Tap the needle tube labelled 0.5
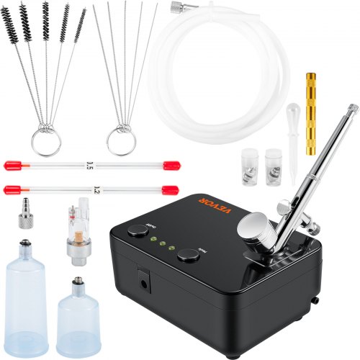(x=90, y=165)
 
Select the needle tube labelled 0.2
(x=90, y=190)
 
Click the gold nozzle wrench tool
(x=312, y=113)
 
